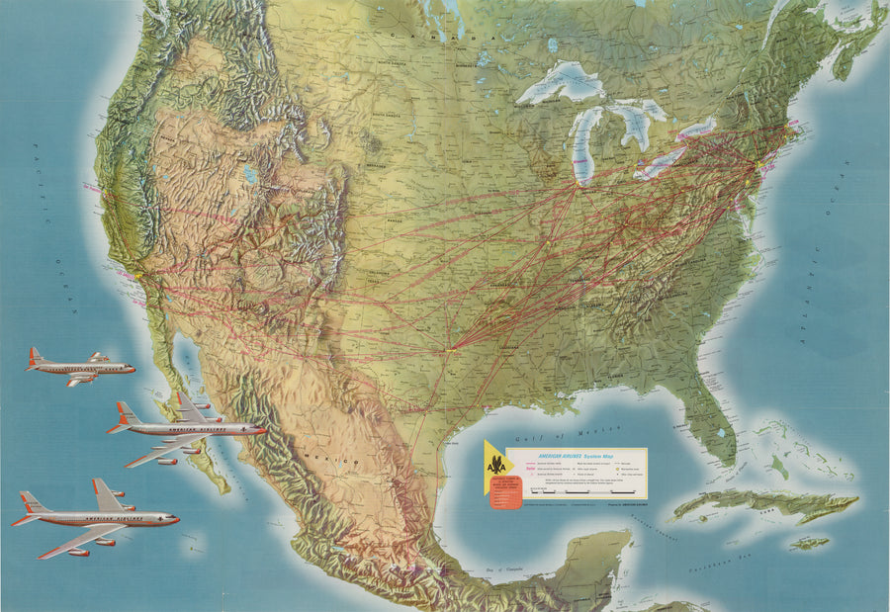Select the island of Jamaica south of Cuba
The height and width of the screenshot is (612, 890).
point(808,543)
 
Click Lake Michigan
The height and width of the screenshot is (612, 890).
point(586,148)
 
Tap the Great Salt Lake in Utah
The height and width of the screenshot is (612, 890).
point(251,175)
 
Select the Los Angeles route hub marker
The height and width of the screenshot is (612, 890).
point(140,275)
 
